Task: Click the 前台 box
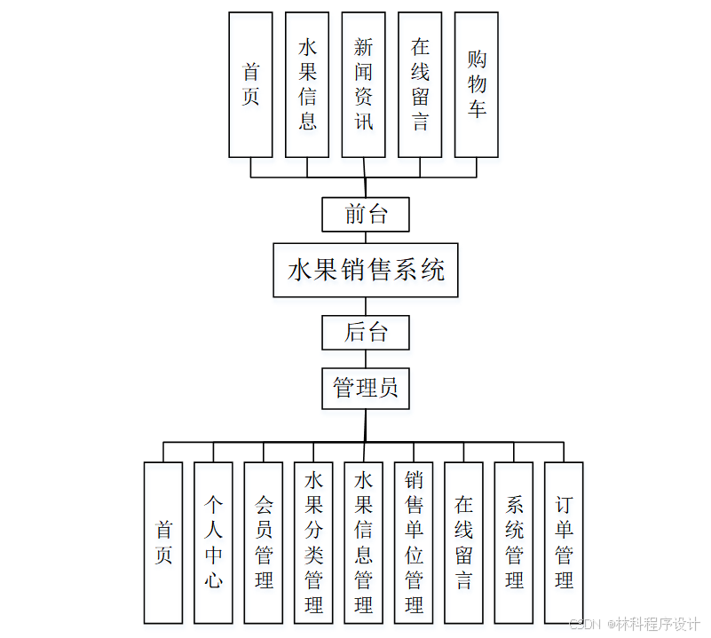point(365,214)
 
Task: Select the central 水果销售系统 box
point(365,270)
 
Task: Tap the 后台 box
point(365,332)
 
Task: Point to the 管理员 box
point(365,388)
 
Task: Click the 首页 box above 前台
point(250,84)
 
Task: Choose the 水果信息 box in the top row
point(307,84)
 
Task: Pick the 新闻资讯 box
point(364,84)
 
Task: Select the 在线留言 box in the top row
point(420,84)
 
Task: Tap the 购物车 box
point(477,84)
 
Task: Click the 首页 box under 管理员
point(163,542)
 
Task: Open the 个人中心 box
point(213,542)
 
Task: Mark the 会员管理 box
point(264,542)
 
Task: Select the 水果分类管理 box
point(313,542)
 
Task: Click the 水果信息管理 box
point(363,542)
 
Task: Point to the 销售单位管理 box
point(414,542)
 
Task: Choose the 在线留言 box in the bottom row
point(463,542)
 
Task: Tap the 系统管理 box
point(514,542)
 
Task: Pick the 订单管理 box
point(564,542)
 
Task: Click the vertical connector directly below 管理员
point(365,424)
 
